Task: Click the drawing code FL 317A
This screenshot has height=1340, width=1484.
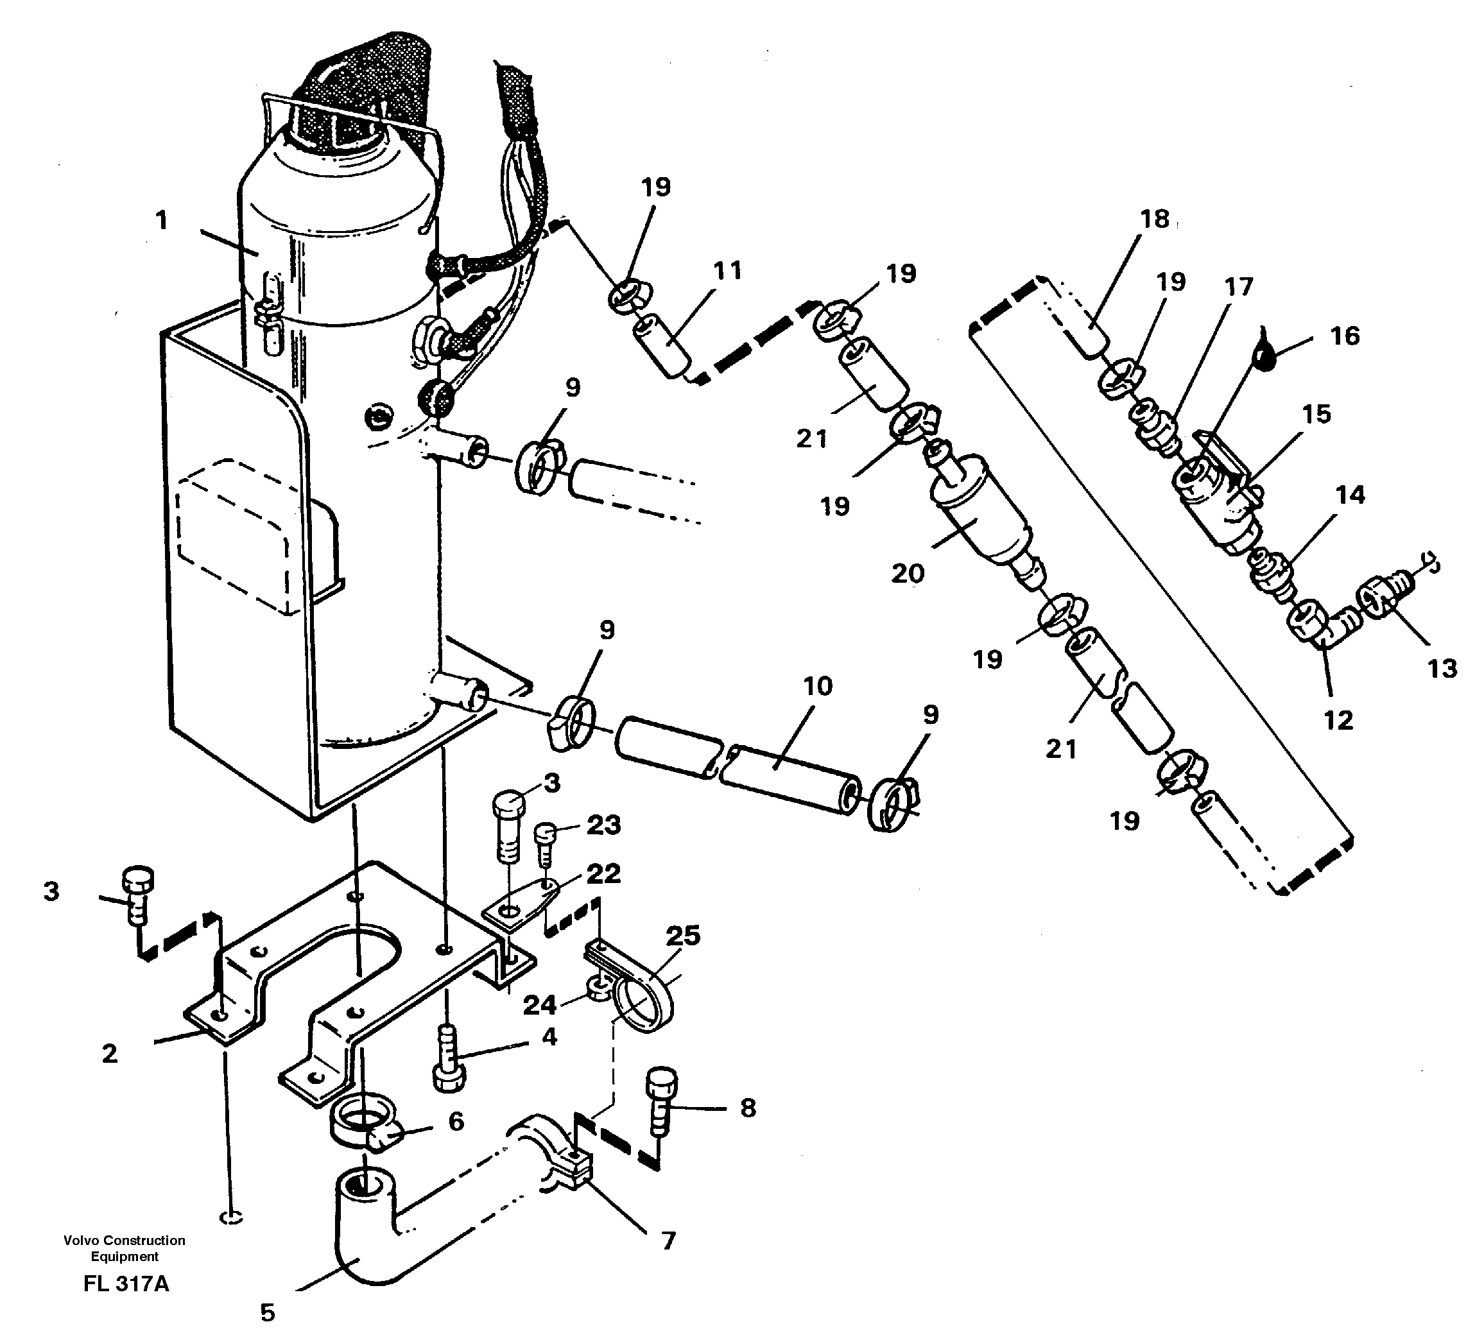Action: [x=126, y=1284]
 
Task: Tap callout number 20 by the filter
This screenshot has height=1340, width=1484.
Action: [x=907, y=573]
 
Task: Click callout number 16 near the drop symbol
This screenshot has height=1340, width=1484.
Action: [x=1345, y=336]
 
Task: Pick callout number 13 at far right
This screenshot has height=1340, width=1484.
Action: [x=1442, y=669]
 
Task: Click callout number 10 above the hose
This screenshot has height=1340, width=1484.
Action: [x=817, y=686]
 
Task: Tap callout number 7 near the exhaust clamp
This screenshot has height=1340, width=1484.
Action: [x=668, y=1241]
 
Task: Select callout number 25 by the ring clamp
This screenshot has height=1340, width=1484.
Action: [x=682, y=936]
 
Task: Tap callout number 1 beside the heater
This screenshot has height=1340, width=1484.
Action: [x=162, y=220]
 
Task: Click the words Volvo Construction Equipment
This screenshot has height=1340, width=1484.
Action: [x=125, y=1248]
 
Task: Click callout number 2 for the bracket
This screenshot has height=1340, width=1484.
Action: [x=109, y=1054]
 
